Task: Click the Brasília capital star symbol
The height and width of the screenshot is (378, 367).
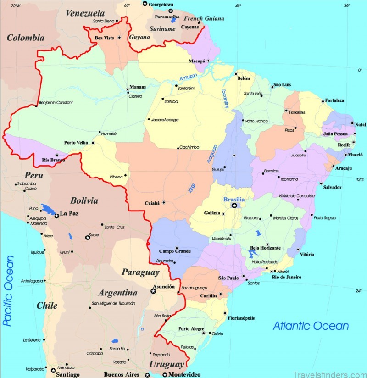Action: point(234,206)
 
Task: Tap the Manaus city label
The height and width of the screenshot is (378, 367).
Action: point(138,87)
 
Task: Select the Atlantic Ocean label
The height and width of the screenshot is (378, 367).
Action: point(311,326)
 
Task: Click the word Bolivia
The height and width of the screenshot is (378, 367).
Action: point(84,200)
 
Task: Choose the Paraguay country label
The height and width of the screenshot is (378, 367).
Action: point(140,272)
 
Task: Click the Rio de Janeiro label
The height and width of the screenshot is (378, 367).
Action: point(287,277)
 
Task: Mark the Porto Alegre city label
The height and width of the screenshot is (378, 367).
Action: point(191,328)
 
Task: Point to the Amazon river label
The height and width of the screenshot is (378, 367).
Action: point(188,77)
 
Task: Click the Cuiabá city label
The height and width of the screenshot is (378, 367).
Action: point(152,203)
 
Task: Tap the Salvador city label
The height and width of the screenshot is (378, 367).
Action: point(332,187)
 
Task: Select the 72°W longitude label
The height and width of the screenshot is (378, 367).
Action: point(16,6)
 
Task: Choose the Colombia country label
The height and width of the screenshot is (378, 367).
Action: point(25,38)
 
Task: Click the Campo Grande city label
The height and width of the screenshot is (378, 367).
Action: point(174,251)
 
